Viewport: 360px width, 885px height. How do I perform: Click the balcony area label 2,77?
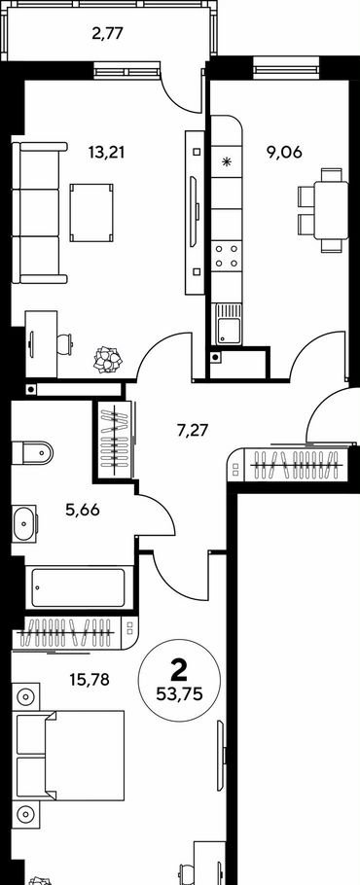tap(107, 33)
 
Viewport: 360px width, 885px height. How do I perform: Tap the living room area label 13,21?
tap(106, 152)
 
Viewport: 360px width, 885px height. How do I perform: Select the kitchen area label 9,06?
tap(285, 152)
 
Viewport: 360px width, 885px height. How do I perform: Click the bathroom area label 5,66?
tap(83, 511)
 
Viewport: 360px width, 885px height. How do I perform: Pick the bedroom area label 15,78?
tap(90, 679)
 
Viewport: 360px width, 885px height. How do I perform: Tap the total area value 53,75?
tap(179, 691)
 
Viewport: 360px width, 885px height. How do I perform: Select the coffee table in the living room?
tap(91, 212)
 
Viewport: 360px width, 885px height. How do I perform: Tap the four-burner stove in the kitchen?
tap(227, 255)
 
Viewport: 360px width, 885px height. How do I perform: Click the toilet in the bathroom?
tap(31, 452)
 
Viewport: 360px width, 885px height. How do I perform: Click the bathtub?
tap(79, 587)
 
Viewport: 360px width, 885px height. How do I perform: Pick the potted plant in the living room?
tap(108, 360)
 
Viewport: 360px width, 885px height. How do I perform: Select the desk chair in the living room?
tap(65, 343)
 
